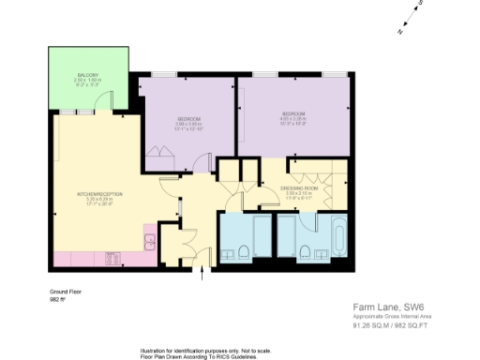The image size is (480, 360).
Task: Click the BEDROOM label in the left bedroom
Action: (189, 118)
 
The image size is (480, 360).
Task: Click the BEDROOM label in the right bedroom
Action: (292, 114)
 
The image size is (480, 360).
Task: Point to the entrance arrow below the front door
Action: (203, 275)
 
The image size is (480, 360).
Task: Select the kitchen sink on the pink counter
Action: (150, 242)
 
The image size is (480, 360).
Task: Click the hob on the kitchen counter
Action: (111, 258)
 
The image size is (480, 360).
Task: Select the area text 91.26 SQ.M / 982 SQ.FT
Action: (390, 325)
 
